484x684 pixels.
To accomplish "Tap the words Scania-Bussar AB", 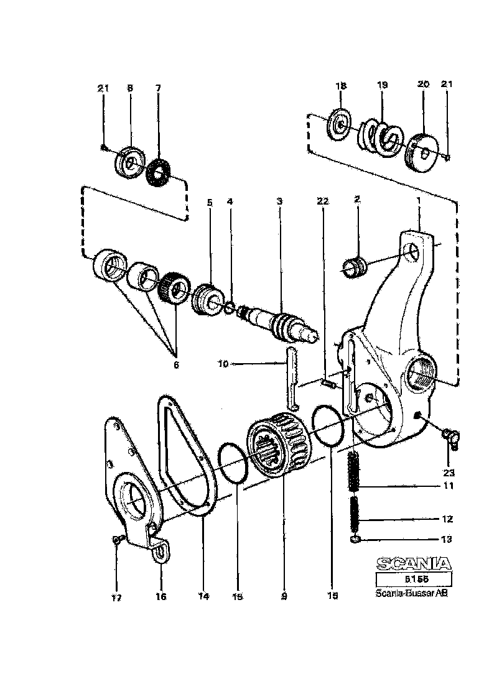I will point(411,593).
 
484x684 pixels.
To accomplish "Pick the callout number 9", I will point(284,596).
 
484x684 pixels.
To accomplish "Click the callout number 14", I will point(203,596).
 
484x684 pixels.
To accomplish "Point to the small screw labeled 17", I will point(116,540).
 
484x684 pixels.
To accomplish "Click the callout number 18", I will point(341,85).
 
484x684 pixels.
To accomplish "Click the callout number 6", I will point(176,365).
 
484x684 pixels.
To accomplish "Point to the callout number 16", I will point(161,596).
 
